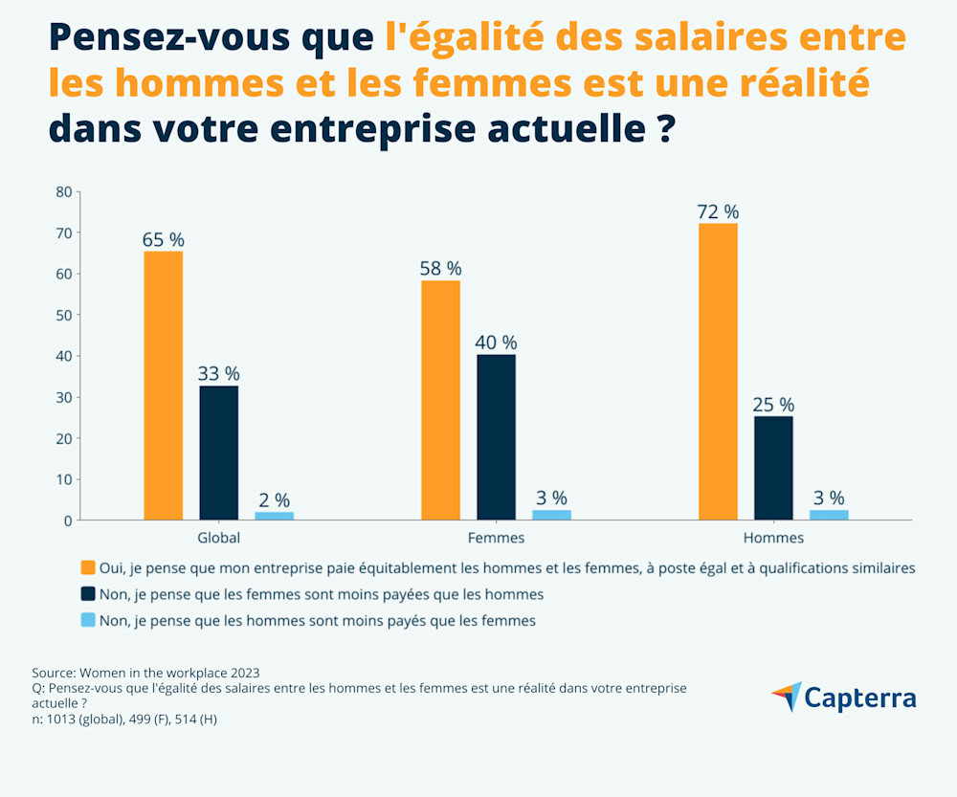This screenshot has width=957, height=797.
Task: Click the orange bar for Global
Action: click(x=163, y=386)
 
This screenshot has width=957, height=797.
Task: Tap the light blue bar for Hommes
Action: click(x=829, y=515)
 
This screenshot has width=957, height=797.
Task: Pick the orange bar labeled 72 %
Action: click(x=718, y=371)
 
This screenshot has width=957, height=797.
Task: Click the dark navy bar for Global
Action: click(x=218, y=453)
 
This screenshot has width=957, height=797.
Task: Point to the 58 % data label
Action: click(x=440, y=268)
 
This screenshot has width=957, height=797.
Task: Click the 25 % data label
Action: click(x=773, y=405)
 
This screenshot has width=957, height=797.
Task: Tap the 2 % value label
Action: click(x=274, y=499)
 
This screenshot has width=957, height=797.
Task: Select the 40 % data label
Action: click(x=496, y=343)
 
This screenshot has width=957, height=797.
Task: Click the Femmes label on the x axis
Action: click(x=496, y=538)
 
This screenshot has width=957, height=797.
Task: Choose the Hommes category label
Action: click(x=773, y=538)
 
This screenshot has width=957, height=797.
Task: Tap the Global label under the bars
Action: click(x=218, y=538)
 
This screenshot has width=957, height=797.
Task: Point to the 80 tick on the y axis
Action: click(x=64, y=191)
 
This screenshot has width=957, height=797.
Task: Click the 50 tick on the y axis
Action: click(x=64, y=315)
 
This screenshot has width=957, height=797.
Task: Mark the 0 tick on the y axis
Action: click(x=68, y=520)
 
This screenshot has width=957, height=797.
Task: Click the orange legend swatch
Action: click(x=88, y=567)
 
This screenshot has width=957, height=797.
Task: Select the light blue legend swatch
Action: click(x=88, y=620)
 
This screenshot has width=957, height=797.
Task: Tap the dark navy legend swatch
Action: click(x=88, y=594)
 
